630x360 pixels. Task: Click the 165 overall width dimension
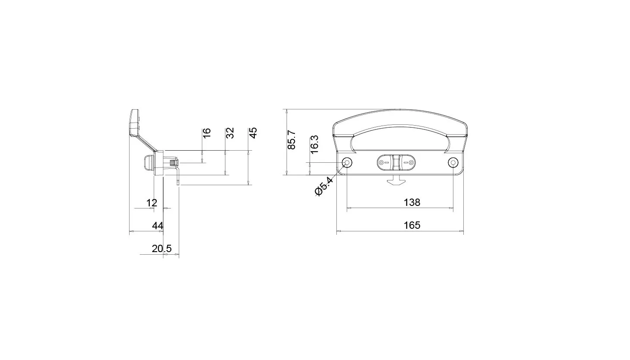[x=412, y=225]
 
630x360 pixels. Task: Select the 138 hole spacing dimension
[x=412, y=202]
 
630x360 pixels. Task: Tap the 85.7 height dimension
[x=291, y=139]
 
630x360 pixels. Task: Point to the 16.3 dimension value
[x=314, y=144]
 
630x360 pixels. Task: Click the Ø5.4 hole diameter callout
[x=324, y=186]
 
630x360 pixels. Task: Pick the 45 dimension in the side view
[x=253, y=133]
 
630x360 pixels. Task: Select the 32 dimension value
[x=230, y=133]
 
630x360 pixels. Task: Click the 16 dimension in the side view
[x=207, y=133]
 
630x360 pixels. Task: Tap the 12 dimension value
[x=152, y=202]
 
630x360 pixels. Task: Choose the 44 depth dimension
[x=158, y=226]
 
